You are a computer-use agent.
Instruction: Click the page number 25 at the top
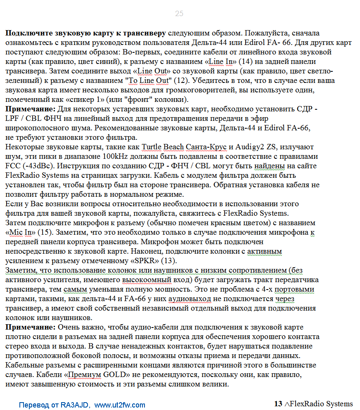(179, 14)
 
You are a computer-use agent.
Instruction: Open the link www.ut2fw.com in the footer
(120, 405)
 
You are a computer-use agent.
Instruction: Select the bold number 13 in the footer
(278, 404)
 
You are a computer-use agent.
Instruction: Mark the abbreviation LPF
(12, 118)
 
